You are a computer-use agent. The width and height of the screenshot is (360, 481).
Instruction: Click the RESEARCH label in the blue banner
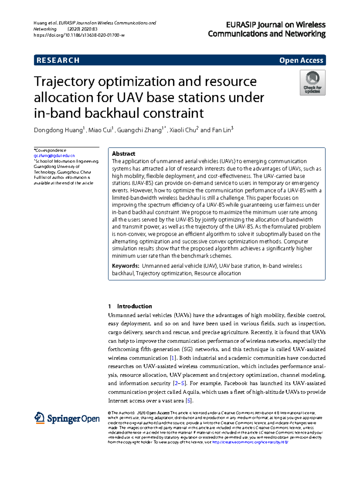coord(58,60)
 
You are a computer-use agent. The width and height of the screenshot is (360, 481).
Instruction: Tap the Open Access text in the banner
coord(301,60)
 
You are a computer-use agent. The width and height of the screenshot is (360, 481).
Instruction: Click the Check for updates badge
coord(312,83)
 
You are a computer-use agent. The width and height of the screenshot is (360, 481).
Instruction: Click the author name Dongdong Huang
coord(58,130)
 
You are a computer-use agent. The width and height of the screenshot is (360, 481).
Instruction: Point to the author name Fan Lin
coord(221,130)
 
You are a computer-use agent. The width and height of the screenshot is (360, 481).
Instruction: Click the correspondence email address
coord(54,156)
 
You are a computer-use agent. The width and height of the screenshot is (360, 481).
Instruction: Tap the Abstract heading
coord(123,154)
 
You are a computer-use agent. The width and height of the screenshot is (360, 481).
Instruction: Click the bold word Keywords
coord(125,266)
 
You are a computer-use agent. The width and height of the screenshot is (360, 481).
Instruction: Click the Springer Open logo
coord(67,418)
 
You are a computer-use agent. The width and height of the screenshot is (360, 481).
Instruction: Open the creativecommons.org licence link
coord(250,442)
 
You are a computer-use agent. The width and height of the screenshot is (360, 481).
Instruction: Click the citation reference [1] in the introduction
coord(173,358)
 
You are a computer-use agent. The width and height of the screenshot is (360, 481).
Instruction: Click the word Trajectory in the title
coord(64,82)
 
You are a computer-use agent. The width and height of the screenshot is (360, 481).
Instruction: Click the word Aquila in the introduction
coord(191,392)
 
